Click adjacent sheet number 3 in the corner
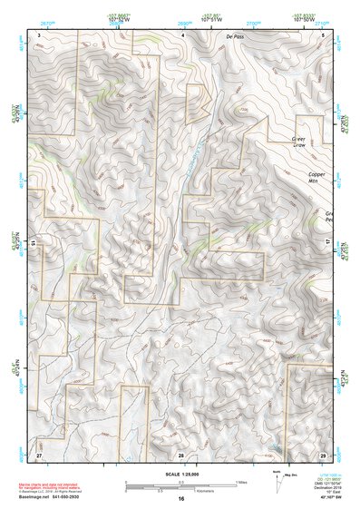(x=39, y=34)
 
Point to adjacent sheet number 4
(x=183, y=34)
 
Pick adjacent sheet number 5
(x=326, y=34)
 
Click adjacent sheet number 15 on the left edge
(x=33, y=243)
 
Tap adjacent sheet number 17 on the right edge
(x=328, y=243)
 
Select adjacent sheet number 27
(x=39, y=453)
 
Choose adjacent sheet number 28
(x=181, y=453)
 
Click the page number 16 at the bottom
(x=181, y=499)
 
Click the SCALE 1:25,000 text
(x=181, y=475)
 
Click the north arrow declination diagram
(x=277, y=484)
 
